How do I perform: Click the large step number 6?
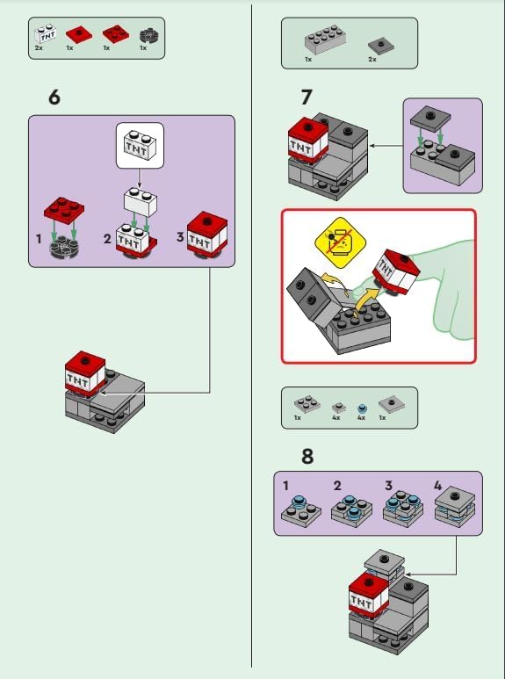coord(54,98)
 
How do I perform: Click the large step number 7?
coord(307,98)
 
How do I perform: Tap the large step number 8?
coord(307,456)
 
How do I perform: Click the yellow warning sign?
coord(340,242)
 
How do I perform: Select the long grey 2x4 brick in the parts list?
coord(325,39)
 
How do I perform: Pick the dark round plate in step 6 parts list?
coord(150,35)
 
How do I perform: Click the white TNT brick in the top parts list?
coord(46,33)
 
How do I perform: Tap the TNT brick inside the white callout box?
coord(140,145)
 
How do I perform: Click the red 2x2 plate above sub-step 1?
coord(64,210)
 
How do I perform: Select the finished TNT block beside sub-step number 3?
coord(207,235)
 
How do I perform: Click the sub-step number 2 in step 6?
coord(107,239)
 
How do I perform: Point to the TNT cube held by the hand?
coord(396,271)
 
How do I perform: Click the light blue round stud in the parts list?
coord(362,408)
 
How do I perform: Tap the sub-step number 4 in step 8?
coord(438,486)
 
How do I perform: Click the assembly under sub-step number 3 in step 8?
coord(403,509)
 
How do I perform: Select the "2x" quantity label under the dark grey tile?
coord(372,60)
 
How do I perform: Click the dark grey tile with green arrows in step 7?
coord(430,119)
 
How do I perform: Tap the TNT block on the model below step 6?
coord(85,373)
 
